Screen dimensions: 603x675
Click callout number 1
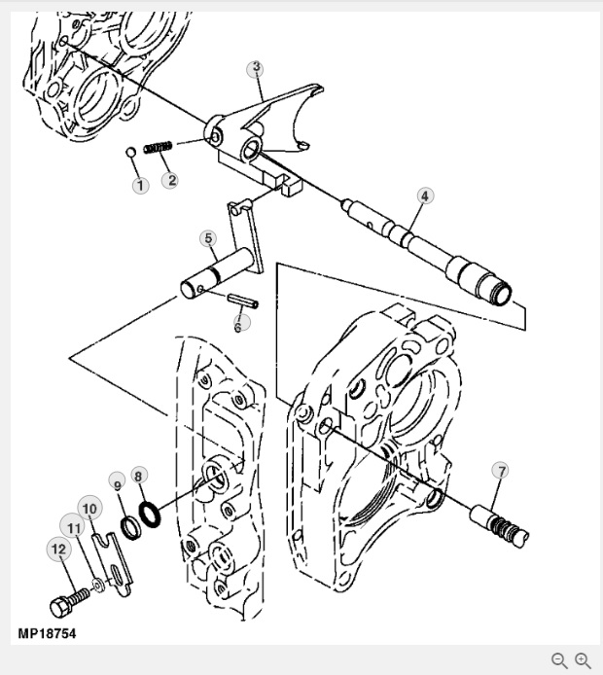140,186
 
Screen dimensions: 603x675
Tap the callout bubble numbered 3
256,68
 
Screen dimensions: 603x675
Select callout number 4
425,195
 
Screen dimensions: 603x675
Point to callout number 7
501,471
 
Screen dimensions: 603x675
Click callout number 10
89,509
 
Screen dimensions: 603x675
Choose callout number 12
59,549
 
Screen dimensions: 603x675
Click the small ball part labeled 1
131,152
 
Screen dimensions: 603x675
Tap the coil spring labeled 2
158,147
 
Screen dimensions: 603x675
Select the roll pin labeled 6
243,301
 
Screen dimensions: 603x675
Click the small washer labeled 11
98,586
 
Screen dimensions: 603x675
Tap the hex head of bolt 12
59,607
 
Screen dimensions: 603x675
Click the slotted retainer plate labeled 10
113,564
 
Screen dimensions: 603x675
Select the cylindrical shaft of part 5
216,272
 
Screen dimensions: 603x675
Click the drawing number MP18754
47,634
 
